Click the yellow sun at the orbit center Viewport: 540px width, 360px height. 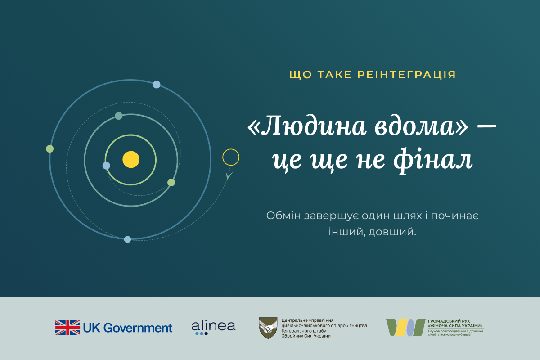[131, 159]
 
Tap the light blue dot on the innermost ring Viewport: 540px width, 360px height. [106, 166]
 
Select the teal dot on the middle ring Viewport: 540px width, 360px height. [119, 116]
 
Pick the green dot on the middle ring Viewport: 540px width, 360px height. [171, 182]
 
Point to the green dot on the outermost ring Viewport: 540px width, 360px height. [49, 149]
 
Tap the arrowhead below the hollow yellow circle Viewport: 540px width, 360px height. [229, 175]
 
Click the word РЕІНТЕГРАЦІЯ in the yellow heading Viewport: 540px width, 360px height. [406, 75]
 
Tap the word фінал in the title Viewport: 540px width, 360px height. [432, 159]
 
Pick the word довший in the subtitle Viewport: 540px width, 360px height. [392, 232]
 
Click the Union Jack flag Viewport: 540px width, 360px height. [67, 328]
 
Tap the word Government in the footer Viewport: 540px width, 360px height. [138, 328]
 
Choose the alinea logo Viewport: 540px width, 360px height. [213, 328]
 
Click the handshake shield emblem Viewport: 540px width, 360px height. [268, 328]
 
